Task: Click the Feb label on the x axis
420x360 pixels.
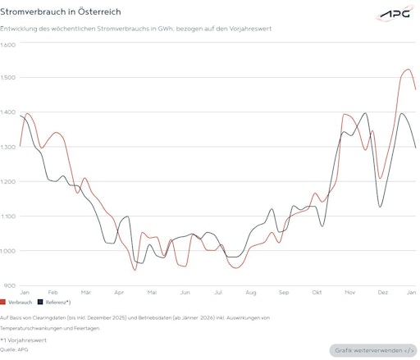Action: (x=52, y=292)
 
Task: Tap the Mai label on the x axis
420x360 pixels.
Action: (x=152, y=292)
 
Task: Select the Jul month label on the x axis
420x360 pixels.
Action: (x=218, y=292)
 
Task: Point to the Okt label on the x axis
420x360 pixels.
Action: (x=317, y=292)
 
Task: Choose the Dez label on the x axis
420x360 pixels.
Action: (x=383, y=292)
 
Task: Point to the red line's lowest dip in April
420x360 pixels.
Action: (x=135, y=270)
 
